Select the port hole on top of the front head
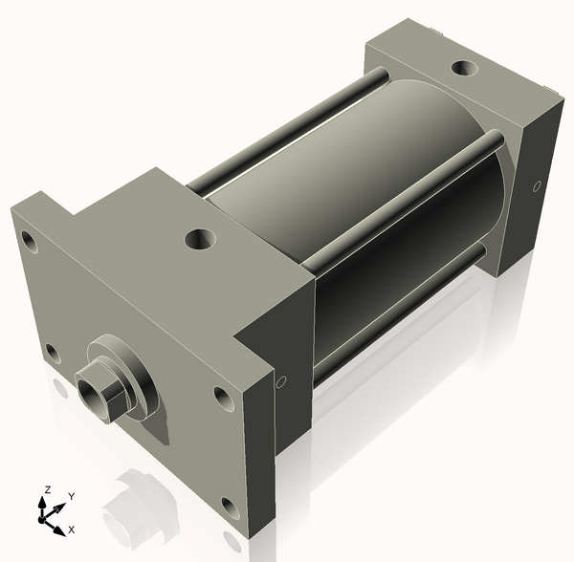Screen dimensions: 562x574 [x=202, y=237]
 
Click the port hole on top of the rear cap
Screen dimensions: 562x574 [x=465, y=69]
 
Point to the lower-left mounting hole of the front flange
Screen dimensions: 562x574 [x=53, y=353]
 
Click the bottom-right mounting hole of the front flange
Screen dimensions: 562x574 [x=229, y=505]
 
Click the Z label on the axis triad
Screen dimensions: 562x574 [x=45, y=490]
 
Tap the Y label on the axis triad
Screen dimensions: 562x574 [x=71, y=497]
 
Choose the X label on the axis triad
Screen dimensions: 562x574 [x=73, y=529]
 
